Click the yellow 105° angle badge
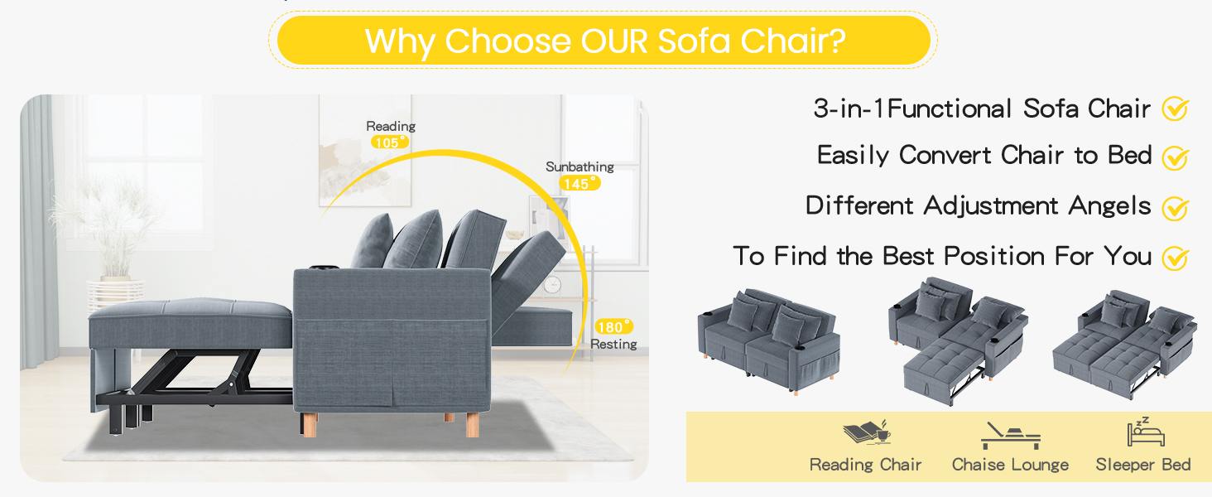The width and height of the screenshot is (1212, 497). [390, 142]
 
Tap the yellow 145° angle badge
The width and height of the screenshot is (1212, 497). [580, 184]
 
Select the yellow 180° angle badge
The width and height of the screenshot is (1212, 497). [613, 327]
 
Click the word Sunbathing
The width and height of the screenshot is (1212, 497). [580, 166]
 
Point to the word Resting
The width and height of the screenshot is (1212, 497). [613, 345]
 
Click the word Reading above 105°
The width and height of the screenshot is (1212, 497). [391, 126]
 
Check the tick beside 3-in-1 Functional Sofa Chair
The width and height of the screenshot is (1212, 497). [1176, 109]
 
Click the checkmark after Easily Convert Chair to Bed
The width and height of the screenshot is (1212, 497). [1176, 158]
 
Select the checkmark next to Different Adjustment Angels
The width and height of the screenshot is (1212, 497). [1176, 209]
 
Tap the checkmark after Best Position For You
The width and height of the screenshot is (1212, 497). [1176, 258]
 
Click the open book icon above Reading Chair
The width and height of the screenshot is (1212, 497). [867, 433]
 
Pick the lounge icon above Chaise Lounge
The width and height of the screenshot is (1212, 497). [1010, 436]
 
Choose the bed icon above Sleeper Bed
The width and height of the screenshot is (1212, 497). [1146, 432]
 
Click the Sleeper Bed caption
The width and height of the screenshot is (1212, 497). [1142, 465]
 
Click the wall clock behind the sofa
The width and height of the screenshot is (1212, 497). [552, 285]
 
